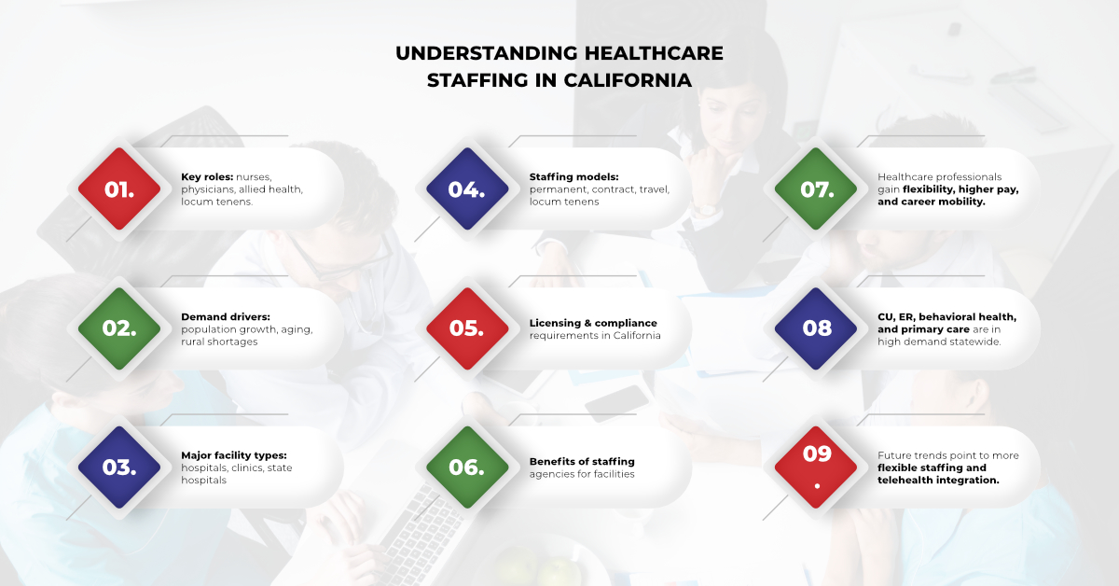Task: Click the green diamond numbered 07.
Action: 816,189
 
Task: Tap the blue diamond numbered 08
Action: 816,328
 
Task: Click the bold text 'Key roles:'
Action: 207,176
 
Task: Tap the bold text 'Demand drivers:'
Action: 225,316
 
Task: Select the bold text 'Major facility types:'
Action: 234,455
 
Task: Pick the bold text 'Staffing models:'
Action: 573,176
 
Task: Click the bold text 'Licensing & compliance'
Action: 593,323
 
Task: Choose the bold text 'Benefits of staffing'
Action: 582,462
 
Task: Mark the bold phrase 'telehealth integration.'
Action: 938,480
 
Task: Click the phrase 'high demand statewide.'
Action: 938,342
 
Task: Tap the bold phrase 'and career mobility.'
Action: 931,202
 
